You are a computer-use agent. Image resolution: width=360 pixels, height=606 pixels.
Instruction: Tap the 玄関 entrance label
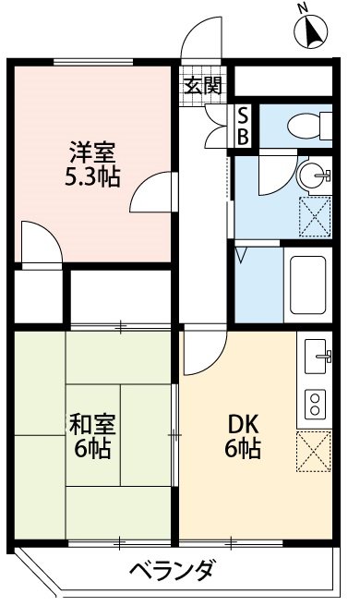coord(202,87)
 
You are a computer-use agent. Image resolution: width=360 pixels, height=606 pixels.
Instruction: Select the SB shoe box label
coord(243,126)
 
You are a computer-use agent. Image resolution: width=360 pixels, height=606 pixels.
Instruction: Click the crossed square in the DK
coord(314,453)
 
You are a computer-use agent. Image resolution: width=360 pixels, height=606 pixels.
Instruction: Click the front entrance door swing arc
coord(201,42)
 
